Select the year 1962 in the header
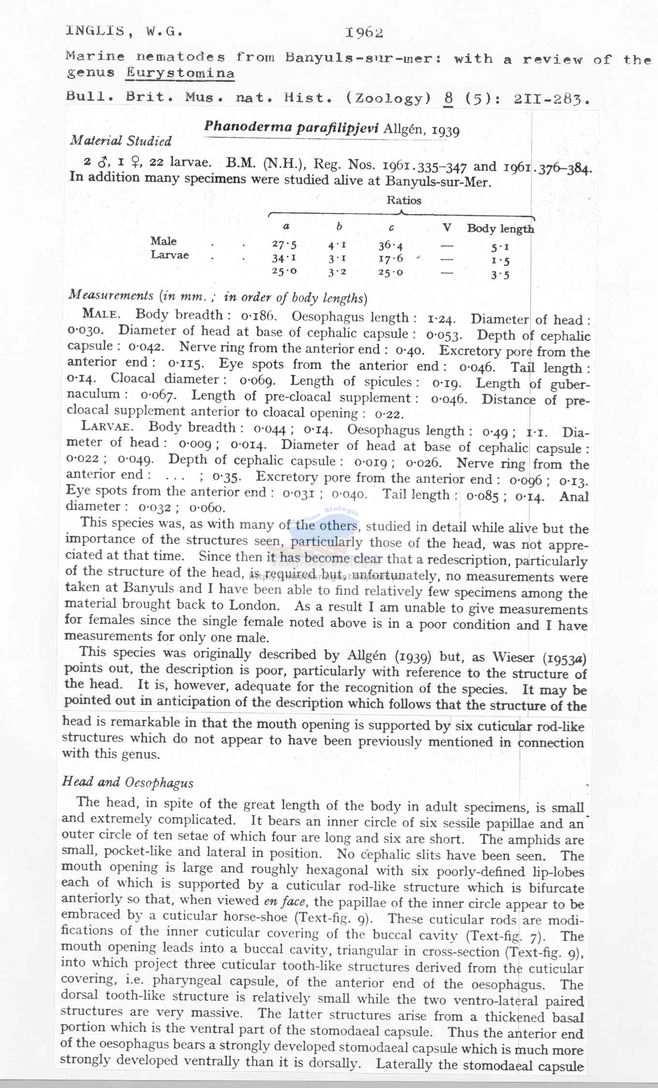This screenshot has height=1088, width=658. (364, 32)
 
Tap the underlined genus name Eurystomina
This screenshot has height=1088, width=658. (180, 73)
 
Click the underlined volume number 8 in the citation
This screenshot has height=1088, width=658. (448, 99)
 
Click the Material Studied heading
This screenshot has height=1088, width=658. (121, 141)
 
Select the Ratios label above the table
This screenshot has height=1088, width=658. (404, 200)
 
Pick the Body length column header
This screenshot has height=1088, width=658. (500, 229)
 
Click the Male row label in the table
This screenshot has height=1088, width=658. (163, 241)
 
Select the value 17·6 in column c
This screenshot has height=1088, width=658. (391, 259)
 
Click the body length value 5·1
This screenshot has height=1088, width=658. (500, 248)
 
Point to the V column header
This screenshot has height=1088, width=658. (447, 228)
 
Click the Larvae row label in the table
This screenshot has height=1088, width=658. (169, 255)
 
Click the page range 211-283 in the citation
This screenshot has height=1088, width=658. (551, 100)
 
